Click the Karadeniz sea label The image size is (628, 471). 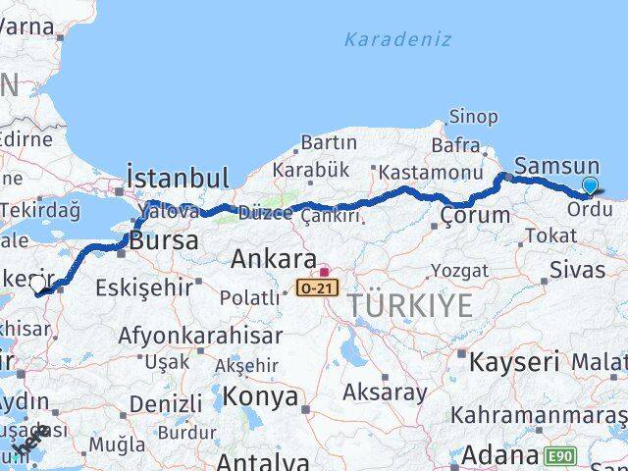[x=397, y=40]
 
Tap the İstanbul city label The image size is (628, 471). [x=177, y=179]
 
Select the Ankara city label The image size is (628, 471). [x=274, y=260]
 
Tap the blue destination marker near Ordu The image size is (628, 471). [x=590, y=185]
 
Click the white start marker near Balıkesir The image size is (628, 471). [x=37, y=284]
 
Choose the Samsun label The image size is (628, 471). [x=556, y=167]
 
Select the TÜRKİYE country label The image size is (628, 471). [x=409, y=306]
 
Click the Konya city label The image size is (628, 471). [x=261, y=396]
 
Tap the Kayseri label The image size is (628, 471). [x=514, y=361]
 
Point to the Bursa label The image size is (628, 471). [x=163, y=240]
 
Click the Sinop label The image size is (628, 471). [x=473, y=117]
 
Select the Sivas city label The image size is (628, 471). [x=575, y=269]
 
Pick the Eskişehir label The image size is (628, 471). [x=142, y=288]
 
